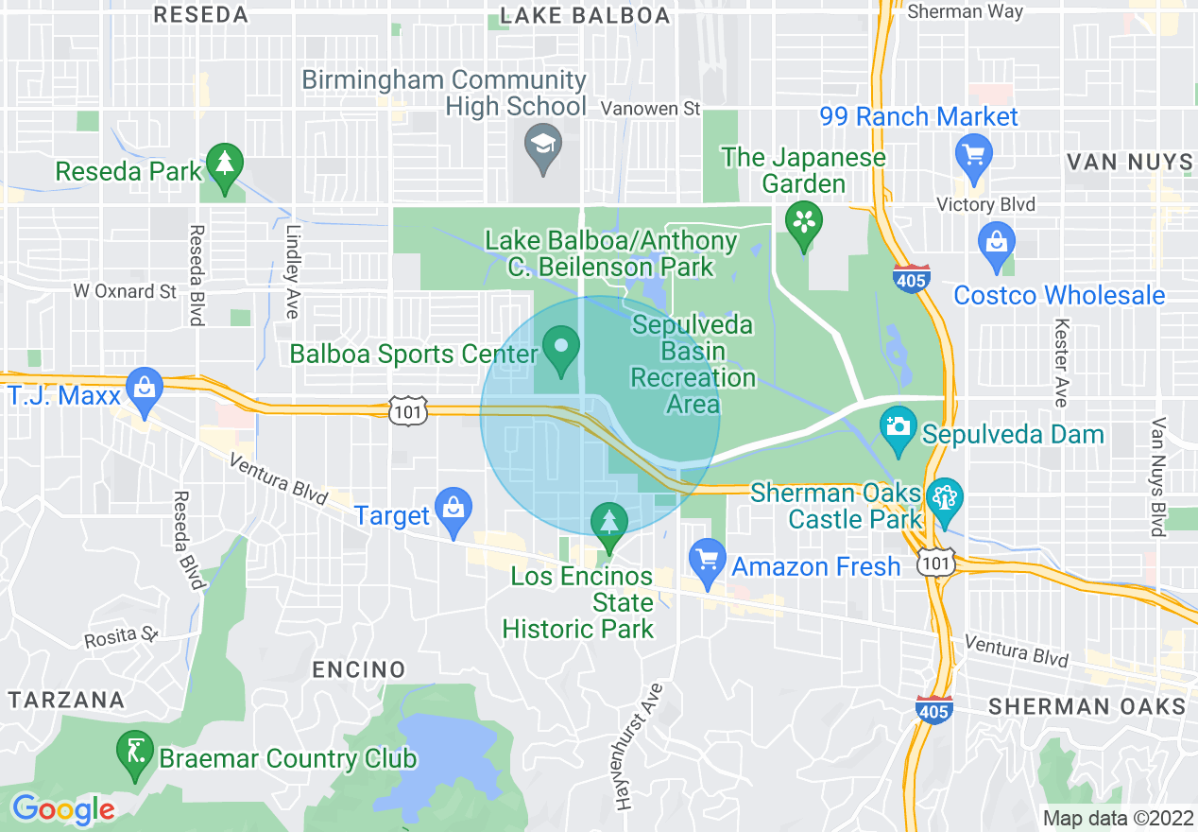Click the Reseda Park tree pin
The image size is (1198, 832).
tap(225, 165)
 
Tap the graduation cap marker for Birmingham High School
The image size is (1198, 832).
tap(543, 146)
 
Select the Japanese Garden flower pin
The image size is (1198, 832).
tap(803, 224)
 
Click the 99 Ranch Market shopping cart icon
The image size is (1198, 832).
tap(971, 152)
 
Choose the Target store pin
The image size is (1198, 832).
tap(453, 507)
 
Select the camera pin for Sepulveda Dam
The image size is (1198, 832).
tap(897, 427)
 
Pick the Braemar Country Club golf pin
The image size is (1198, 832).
tap(135, 753)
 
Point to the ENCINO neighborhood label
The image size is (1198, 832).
tap(359, 670)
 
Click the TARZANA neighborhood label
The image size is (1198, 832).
tap(66, 701)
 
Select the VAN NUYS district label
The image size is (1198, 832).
tap(1129, 163)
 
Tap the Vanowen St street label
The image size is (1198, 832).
tap(651, 109)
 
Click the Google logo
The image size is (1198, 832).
tap(62, 809)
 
